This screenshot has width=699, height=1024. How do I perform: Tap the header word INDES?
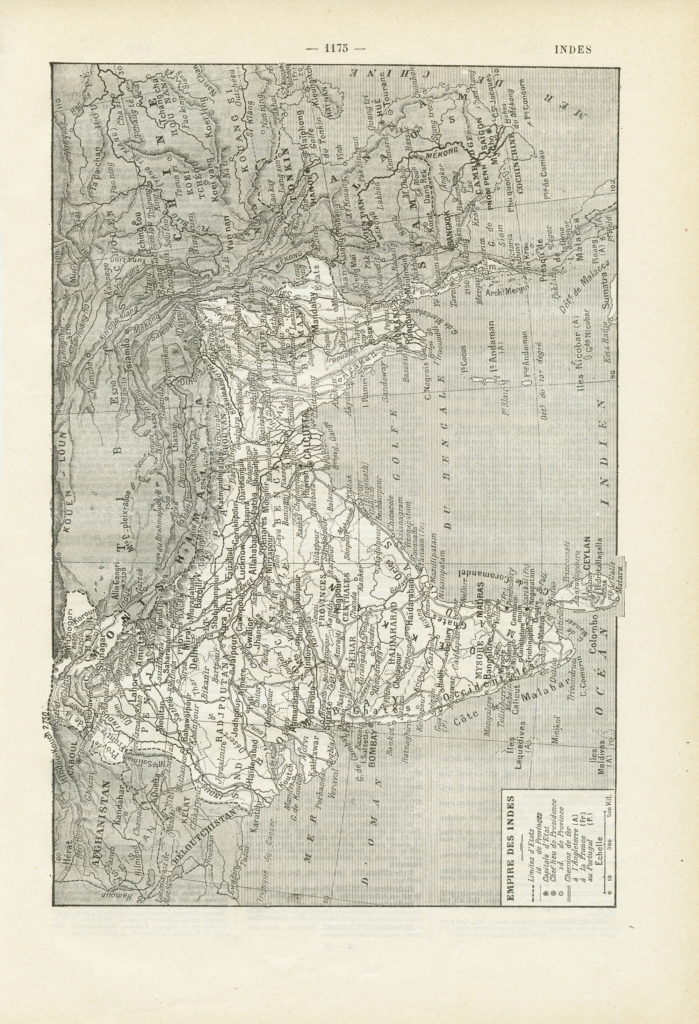[572, 49]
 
